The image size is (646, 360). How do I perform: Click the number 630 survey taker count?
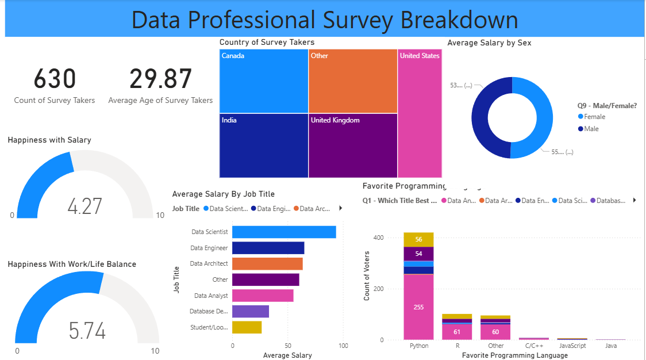[x=55, y=79]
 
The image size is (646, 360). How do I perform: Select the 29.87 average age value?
[x=160, y=79]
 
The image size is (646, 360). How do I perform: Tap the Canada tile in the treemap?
[x=264, y=81]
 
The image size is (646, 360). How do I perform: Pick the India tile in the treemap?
[x=264, y=145]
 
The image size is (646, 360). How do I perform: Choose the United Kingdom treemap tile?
[x=353, y=145]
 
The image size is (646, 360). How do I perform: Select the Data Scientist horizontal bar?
[x=284, y=232]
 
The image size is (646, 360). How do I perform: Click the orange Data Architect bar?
[x=267, y=264]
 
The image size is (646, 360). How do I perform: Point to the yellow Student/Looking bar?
[x=247, y=327]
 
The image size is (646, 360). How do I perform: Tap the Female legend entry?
[x=594, y=117]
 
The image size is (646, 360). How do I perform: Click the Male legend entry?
[x=591, y=129]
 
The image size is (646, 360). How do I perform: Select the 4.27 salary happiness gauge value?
[x=84, y=206]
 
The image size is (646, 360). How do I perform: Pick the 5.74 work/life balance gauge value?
[x=87, y=331]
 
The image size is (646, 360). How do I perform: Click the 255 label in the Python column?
[x=418, y=307]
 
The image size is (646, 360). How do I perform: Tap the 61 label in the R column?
[x=456, y=332]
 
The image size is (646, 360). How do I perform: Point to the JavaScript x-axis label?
[x=572, y=346]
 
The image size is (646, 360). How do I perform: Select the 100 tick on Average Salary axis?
[x=343, y=346]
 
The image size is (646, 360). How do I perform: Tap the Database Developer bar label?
[x=209, y=312]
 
